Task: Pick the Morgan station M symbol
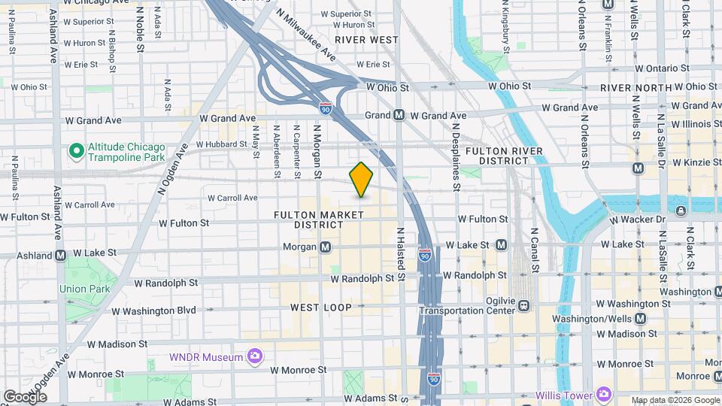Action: point(325,247)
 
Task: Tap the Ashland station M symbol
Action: point(59,254)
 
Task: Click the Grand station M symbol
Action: point(399,115)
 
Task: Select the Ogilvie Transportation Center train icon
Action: point(523,305)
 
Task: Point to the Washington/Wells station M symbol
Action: point(639,318)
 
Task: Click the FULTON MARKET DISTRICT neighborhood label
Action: point(318,220)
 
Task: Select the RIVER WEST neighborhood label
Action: point(366,39)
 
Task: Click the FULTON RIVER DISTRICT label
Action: point(503,156)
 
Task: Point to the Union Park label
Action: point(85,288)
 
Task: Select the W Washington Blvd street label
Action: point(153,310)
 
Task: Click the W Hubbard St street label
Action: point(221,144)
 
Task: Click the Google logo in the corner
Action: point(25,396)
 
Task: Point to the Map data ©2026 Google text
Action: point(674,400)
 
